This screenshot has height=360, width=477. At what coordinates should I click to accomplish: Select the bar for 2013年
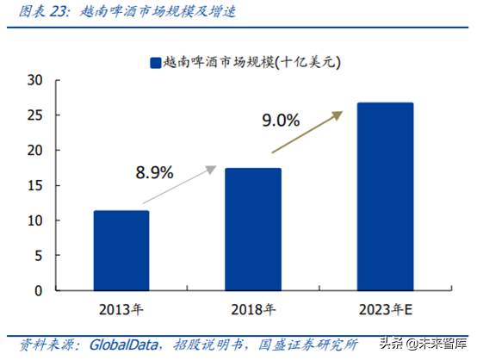coord(121,251)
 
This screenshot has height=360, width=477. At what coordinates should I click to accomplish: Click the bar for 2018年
coord(253,229)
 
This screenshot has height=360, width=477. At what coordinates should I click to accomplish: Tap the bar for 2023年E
coord(385,196)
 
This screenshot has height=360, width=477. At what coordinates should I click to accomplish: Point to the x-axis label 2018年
coord(253,308)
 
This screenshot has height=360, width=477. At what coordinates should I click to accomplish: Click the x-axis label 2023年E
coord(385,308)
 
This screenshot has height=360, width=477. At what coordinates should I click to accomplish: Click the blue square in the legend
coord(156,61)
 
